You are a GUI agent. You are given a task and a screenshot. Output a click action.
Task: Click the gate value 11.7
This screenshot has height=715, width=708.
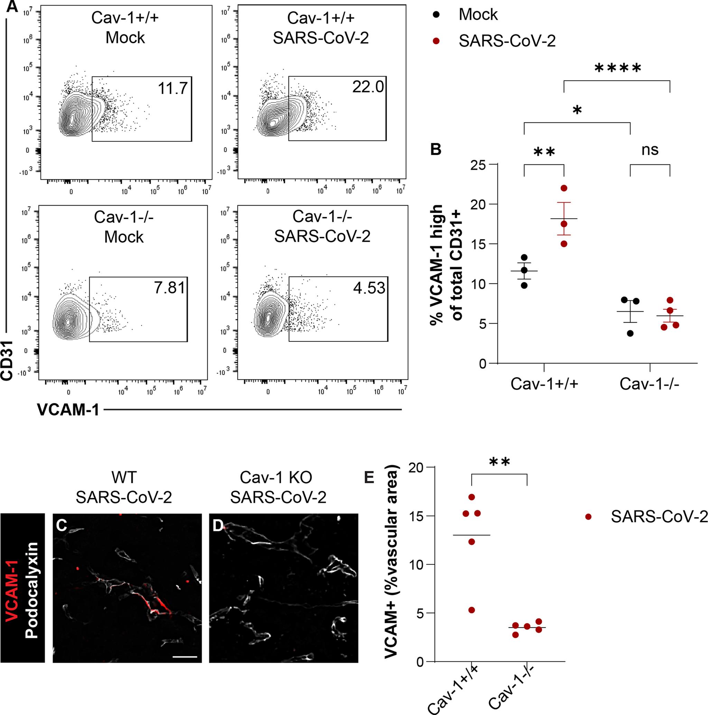(173, 89)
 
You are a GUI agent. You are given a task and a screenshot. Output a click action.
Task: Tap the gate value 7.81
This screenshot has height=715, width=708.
(169, 287)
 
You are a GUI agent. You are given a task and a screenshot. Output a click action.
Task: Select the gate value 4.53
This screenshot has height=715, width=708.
(369, 288)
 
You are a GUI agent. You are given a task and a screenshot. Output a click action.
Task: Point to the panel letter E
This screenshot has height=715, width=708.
(369, 478)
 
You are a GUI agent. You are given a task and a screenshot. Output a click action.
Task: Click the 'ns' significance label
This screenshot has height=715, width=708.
(650, 149)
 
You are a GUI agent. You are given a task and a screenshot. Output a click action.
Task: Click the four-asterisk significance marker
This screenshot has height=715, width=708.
(617, 69)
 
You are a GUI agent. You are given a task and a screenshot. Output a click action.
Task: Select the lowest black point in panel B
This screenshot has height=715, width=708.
(630, 333)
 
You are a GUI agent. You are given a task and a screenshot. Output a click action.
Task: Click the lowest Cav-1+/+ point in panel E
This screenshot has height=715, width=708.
(472, 589)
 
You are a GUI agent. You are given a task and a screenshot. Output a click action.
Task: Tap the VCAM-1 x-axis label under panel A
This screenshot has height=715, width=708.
(68, 410)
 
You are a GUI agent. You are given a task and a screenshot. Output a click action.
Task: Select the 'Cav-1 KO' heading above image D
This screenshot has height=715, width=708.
(276, 477)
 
